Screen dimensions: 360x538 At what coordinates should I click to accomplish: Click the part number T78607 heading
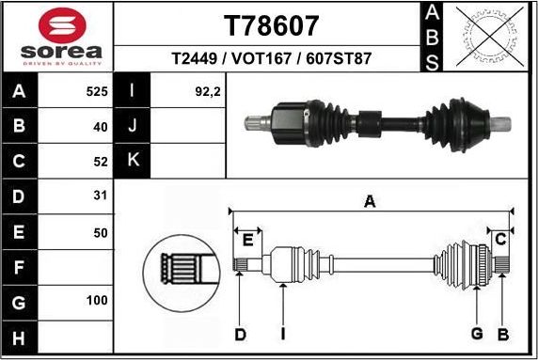pos(270,25)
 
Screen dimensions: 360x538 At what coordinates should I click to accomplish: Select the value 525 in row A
pos(97,92)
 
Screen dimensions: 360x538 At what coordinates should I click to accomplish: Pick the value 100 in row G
pos(97,303)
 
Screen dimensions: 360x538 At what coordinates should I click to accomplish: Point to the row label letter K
pos(132,160)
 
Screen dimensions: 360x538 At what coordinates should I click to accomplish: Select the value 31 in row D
pos(101,196)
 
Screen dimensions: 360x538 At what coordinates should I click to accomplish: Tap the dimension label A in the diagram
pos(370,200)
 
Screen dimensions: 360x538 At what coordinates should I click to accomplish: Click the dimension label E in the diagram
pos(247,240)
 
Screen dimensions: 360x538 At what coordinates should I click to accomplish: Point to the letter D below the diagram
pos(240,335)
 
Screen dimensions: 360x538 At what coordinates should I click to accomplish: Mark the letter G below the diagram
pos(477,335)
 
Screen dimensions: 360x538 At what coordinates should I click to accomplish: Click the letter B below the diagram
pos(503,335)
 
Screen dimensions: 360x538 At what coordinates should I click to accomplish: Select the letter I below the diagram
pos(282,335)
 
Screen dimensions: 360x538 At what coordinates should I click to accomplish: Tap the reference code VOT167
pos(270,58)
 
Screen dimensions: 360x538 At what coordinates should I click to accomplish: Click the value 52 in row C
pos(101,161)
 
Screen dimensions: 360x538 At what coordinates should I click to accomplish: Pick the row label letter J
pos(132,126)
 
